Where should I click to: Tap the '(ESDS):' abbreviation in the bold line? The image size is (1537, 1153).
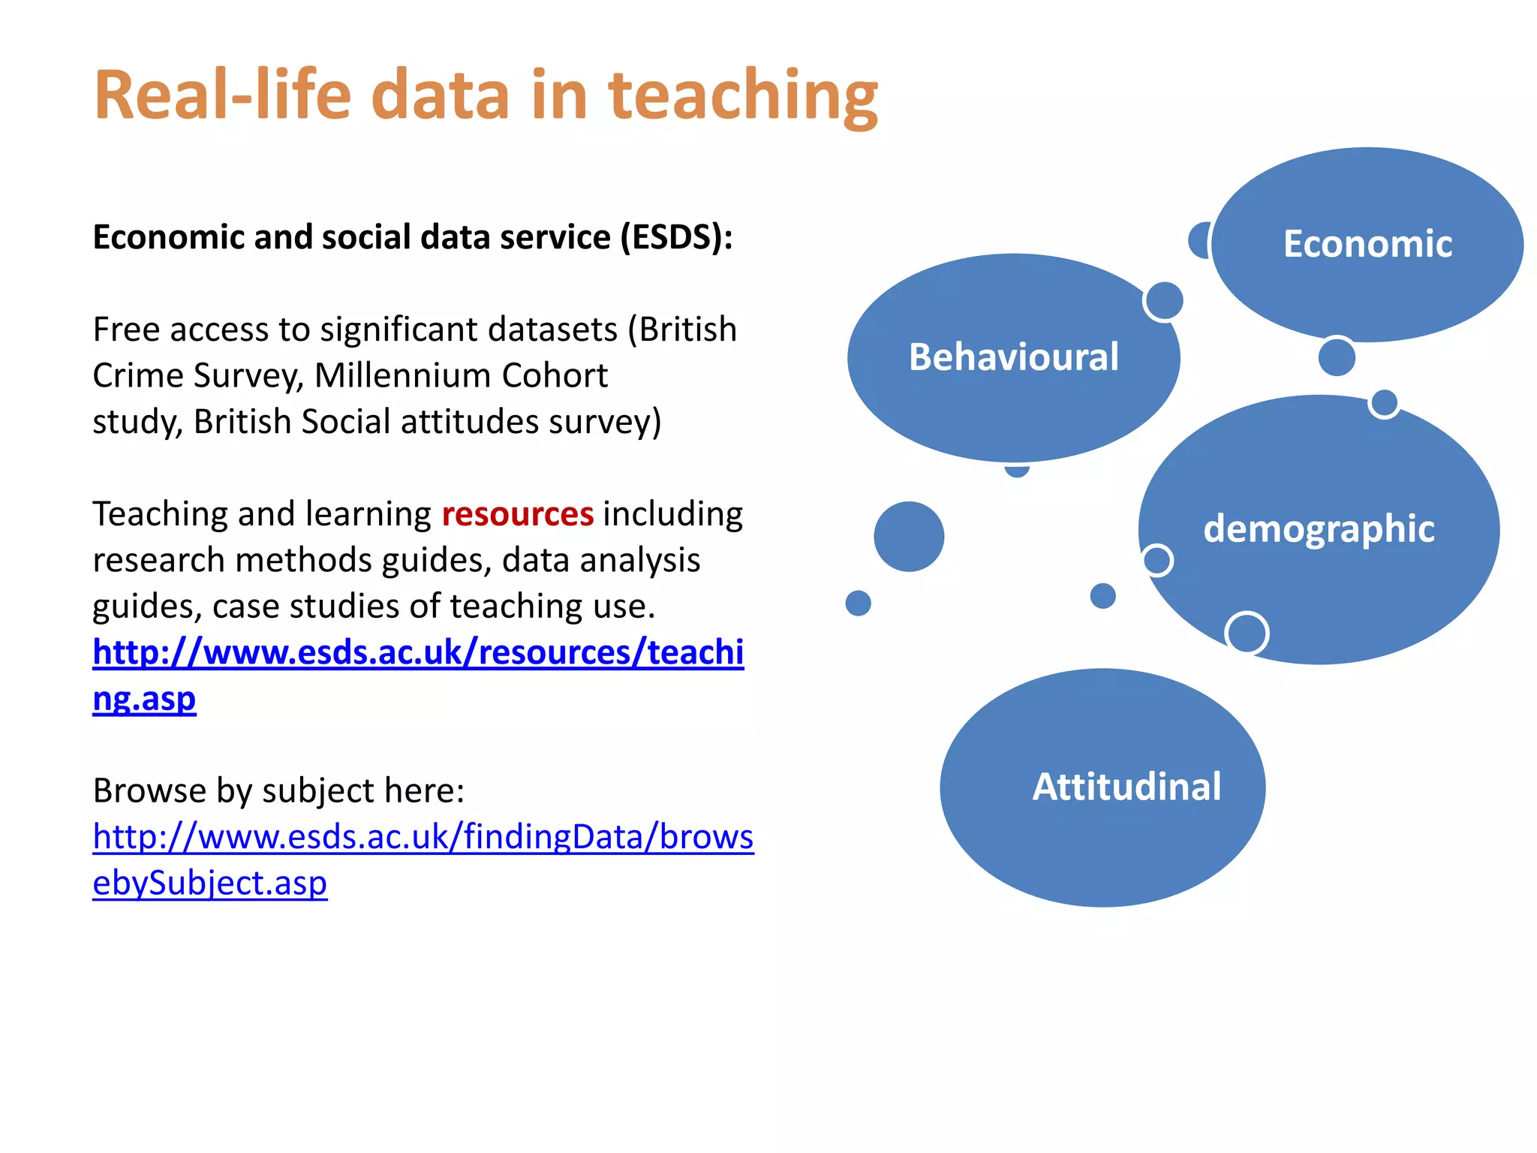(x=676, y=237)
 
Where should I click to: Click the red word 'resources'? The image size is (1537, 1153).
(x=518, y=514)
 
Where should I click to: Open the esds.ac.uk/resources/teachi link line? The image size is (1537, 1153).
(x=418, y=652)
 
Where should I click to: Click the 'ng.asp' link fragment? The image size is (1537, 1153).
(x=144, y=699)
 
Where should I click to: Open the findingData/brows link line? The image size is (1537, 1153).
(x=423, y=837)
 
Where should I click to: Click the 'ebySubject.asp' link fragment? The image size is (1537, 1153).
(x=209, y=883)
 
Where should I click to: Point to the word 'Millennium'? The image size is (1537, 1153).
(x=400, y=375)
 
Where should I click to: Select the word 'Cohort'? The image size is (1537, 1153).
(x=555, y=375)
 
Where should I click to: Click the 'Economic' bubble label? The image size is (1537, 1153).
(x=1367, y=244)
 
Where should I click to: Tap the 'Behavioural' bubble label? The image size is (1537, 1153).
(x=1013, y=357)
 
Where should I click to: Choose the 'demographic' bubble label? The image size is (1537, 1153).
(x=1319, y=529)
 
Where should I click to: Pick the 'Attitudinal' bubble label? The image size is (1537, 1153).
(x=1126, y=787)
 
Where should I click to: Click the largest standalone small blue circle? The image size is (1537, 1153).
(x=909, y=537)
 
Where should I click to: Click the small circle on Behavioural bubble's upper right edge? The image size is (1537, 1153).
(x=1164, y=301)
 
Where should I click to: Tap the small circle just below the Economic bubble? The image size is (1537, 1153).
(x=1337, y=357)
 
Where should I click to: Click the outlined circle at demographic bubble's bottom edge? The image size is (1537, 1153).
(x=1247, y=633)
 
